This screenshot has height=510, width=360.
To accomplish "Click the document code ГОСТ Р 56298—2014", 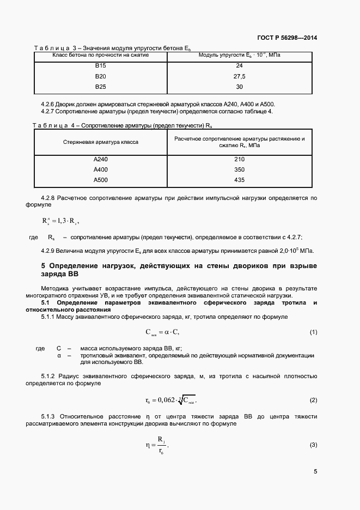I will click(x=287, y=38).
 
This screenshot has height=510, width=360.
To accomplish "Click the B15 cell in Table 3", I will click(x=101, y=65).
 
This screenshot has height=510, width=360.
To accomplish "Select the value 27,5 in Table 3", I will click(x=239, y=76).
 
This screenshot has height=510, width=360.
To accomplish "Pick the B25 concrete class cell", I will click(x=101, y=86).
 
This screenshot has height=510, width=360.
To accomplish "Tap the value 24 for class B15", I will click(x=239, y=65).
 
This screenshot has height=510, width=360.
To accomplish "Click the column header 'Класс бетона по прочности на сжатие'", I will click(x=101, y=55).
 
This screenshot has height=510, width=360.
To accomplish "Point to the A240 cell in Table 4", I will click(x=101, y=159).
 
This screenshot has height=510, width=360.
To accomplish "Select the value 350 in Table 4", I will click(x=239, y=169).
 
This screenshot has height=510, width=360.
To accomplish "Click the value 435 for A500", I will click(x=239, y=180).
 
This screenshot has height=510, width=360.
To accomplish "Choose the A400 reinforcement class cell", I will click(x=101, y=169).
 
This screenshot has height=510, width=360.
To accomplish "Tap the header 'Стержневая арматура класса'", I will click(x=101, y=142).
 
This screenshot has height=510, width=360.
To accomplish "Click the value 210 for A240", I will click(x=239, y=159).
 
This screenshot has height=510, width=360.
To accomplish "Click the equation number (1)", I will click(x=313, y=332).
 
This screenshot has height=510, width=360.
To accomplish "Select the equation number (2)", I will click(x=313, y=400).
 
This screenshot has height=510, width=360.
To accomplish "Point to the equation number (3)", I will click(x=313, y=445).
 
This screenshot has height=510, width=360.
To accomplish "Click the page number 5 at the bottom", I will click(x=315, y=471).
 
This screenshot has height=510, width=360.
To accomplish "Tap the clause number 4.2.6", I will click(x=49, y=104).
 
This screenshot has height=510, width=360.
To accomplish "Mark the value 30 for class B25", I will click(x=239, y=86).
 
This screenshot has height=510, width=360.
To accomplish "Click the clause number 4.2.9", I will click(x=49, y=250).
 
